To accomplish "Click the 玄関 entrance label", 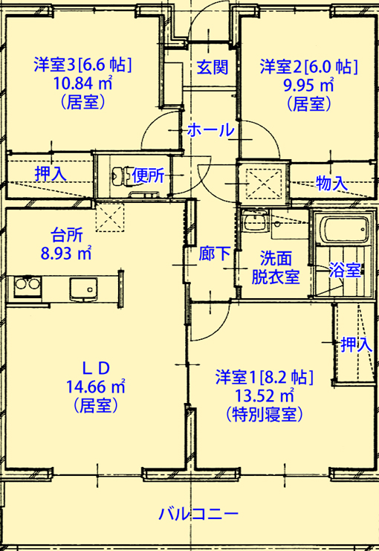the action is coord(213,67).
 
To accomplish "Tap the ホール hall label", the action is coord(211,130).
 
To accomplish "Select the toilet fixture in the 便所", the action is coord(120,175).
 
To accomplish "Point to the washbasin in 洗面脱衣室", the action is coord(256,222).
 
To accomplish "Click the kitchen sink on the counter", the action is coord(83,289).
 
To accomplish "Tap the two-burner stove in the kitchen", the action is coord(27,287).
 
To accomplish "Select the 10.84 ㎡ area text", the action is coord(82,83).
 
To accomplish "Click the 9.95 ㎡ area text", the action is coord(308,84).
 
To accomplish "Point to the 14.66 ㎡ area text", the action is coord(96,387).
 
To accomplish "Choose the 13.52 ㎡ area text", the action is coord(264,396).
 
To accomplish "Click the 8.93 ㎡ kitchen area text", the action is coord(66,253).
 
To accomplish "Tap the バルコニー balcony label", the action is coord(198,515).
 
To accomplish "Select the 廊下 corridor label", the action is coord(215,254).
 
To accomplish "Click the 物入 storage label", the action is coord(331,183).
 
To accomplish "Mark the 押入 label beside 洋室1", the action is coord(357,344).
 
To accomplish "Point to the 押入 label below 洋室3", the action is coord(51,174).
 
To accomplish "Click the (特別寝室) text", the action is coord(264,415).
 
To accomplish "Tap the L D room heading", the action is coord(96,368).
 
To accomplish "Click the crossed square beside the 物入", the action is coord(264,183).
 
